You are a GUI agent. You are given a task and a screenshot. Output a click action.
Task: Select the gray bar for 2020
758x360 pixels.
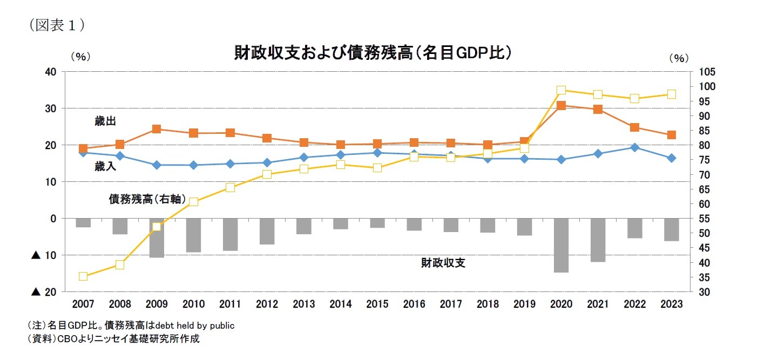(561, 245)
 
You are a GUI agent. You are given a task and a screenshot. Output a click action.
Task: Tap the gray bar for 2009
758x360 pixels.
(157, 237)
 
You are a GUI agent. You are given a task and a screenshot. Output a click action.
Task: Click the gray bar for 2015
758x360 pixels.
(377, 223)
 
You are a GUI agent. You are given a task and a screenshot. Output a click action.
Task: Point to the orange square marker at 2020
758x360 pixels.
(561, 106)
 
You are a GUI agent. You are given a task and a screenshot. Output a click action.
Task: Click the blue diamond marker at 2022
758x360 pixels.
(634, 147)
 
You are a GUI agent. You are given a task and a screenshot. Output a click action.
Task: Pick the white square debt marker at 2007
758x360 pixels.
(83, 276)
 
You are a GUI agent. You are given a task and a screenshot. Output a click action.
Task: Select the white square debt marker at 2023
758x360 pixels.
(671, 94)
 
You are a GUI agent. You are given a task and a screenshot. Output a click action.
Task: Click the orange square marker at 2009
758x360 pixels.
(157, 129)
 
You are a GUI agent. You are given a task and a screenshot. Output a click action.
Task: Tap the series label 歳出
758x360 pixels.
(105, 121)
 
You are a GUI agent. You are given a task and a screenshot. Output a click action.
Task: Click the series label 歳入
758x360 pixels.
(105, 167)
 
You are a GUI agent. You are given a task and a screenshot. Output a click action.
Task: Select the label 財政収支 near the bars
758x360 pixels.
(443, 263)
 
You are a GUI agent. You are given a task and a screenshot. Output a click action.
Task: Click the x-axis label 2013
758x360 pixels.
(303, 304)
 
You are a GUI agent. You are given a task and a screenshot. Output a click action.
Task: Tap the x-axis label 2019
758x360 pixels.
(524, 304)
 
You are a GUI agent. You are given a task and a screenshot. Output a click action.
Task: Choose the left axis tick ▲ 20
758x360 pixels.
(45, 292)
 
